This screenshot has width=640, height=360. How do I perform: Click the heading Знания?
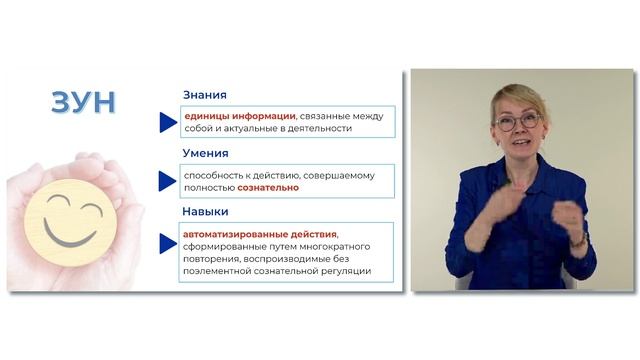(204, 95)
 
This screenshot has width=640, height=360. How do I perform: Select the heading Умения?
(205, 153)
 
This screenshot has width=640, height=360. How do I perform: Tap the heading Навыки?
(206, 212)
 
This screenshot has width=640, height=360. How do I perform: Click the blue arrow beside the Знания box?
(168, 122)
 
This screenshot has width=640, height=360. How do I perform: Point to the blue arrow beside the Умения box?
(168, 181)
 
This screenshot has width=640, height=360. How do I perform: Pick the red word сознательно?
(267, 188)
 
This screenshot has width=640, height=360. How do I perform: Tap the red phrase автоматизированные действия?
(246, 233)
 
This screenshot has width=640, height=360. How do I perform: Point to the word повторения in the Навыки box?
(208, 257)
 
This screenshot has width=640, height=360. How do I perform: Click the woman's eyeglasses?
(517, 122)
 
